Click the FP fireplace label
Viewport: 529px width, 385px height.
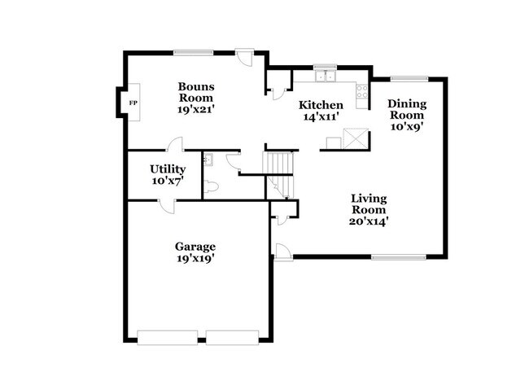point(133,103)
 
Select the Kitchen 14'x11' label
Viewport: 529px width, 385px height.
point(321,111)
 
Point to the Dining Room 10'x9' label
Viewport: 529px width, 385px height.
point(406,115)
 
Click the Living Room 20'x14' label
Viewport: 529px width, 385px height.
point(369,209)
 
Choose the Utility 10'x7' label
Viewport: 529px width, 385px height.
point(167,174)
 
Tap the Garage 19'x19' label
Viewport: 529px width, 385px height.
point(195,252)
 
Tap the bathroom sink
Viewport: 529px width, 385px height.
point(208,160)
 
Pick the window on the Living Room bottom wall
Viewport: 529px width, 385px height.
point(398,258)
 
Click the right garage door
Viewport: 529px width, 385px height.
point(232,336)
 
